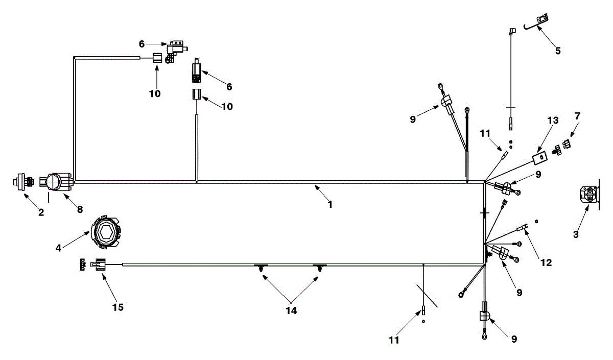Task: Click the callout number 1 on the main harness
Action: [331, 205]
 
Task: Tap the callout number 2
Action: [41, 212]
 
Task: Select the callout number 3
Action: [576, 234]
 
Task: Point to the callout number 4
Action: [58, 248]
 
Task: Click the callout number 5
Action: [558, 51]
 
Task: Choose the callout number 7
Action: [577, 116]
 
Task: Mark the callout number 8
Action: [80, 209]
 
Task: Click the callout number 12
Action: [546, 262]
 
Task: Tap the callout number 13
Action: [553, 121]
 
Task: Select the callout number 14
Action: [291, 310]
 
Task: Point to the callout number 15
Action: [118, 307]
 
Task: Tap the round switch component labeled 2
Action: [23, 181]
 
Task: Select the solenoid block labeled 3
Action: [588, 195]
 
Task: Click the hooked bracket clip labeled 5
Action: [537, 22]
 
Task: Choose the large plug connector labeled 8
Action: [56, 182]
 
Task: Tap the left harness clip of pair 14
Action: [261, 268]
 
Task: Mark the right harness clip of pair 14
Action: [320, 268]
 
